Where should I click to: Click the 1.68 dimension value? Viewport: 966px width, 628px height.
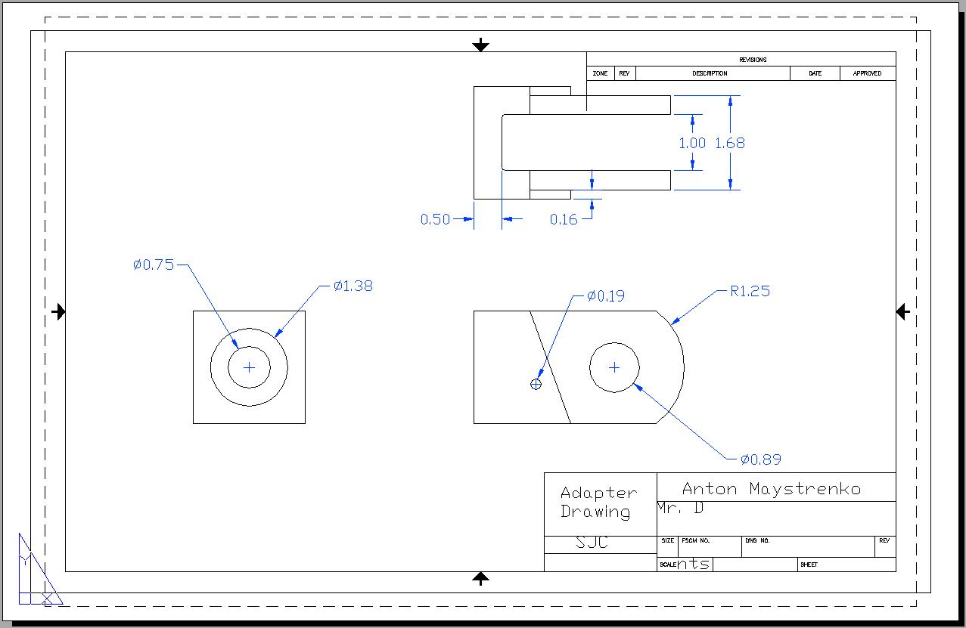pos(729,143)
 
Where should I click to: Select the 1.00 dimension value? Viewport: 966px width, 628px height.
pos(691,143)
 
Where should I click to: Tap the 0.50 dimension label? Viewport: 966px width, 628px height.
pos(435,219)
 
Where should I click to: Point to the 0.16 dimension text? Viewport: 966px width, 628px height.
pos(563,219)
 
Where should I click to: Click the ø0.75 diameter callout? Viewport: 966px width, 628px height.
pos(154,265)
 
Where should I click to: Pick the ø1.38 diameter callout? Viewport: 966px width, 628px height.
pos(353,286)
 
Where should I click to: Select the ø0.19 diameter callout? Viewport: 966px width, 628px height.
pos(606,296)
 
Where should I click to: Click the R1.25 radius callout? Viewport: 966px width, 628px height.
pos(750,291)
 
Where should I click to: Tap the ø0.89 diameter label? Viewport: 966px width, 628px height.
pos(761,459)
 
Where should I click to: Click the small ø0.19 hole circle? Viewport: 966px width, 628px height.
pos(536,384)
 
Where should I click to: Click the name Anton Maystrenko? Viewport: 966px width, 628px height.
pos(772,489)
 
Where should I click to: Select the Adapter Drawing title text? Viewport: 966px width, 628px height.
pos(598,503)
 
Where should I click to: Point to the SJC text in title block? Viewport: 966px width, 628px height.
pos(592,543)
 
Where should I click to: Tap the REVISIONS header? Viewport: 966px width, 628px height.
pos(753,60)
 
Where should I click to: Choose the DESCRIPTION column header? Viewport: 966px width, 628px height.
pos(710,73)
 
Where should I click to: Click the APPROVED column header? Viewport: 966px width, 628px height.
pos(867,73)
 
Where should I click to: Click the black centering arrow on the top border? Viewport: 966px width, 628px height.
pos(480,45)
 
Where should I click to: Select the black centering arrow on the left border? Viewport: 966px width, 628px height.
pos(59,311)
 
